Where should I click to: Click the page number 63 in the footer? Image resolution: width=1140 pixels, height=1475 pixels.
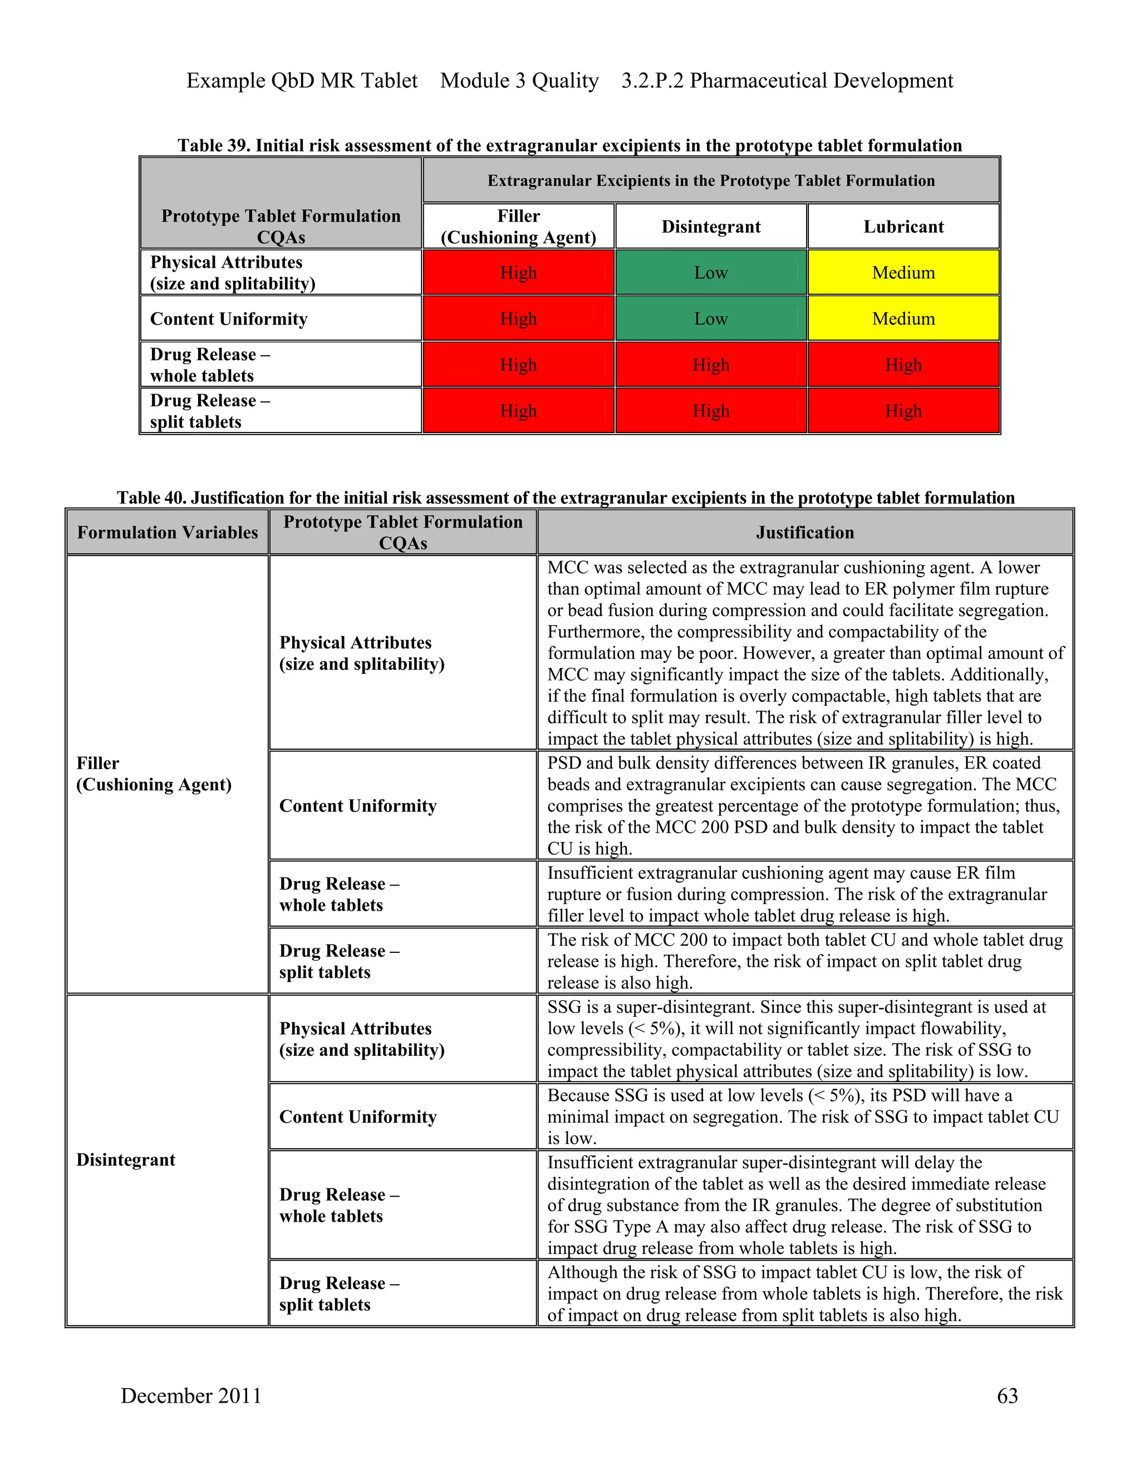1007,1395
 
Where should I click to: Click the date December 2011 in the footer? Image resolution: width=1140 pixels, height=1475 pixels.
191,1395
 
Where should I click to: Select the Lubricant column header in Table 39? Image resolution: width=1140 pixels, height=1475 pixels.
903,227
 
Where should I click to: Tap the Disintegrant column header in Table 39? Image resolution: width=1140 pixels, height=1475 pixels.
710,227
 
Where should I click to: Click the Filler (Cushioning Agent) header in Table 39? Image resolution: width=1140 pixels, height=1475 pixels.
518,227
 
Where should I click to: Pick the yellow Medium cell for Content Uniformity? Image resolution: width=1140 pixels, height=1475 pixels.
903,319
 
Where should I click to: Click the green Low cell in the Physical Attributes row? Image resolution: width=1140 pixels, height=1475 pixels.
710,273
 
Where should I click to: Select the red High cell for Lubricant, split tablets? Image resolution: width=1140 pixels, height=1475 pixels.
903,411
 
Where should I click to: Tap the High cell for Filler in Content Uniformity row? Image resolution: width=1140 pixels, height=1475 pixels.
518,319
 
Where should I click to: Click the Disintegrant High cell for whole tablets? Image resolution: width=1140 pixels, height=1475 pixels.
710,365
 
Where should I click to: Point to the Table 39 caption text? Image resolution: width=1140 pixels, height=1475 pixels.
569,146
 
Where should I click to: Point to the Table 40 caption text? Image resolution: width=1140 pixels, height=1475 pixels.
566,498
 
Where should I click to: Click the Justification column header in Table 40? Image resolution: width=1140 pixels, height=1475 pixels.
804,533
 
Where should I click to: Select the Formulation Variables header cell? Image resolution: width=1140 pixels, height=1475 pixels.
168,533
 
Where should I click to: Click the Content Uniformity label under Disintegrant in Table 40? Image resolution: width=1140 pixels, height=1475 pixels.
358,1117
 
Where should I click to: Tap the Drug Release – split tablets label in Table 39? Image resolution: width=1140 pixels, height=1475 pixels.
210,411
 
